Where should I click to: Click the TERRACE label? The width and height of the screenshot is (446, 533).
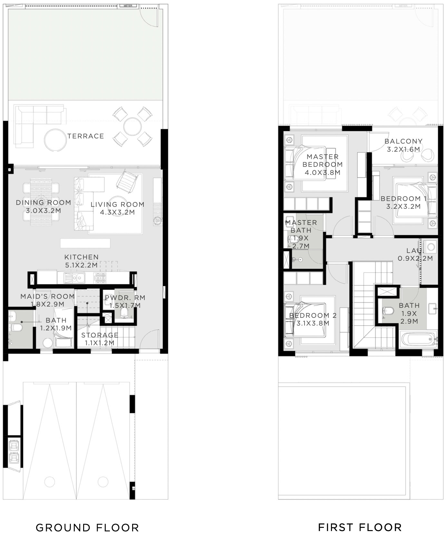click(86, 136)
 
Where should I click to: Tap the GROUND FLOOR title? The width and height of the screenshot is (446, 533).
click(87, 527)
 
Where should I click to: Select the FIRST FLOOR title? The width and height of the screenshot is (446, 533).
click(360, 527)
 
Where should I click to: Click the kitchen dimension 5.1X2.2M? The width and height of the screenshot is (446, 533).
click(81, 265)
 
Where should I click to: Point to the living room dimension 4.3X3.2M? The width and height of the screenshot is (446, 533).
click(117, 212)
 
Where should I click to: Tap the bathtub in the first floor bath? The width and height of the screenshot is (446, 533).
click(418, 340)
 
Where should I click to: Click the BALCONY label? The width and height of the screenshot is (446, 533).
click(403, 141)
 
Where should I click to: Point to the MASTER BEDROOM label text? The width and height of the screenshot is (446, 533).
click(323, 161)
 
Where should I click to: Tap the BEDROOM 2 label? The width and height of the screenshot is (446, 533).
click(313, 316)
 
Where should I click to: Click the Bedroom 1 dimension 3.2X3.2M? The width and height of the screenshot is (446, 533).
click(403, 206)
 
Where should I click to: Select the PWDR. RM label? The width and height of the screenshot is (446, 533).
click(125, 297)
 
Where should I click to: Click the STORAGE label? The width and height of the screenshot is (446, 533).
click(100, 335)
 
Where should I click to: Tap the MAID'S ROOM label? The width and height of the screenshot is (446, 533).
click(47, 296)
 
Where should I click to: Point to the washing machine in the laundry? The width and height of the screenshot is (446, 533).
click(430, 247)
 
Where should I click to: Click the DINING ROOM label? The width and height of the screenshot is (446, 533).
click(44, 203)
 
